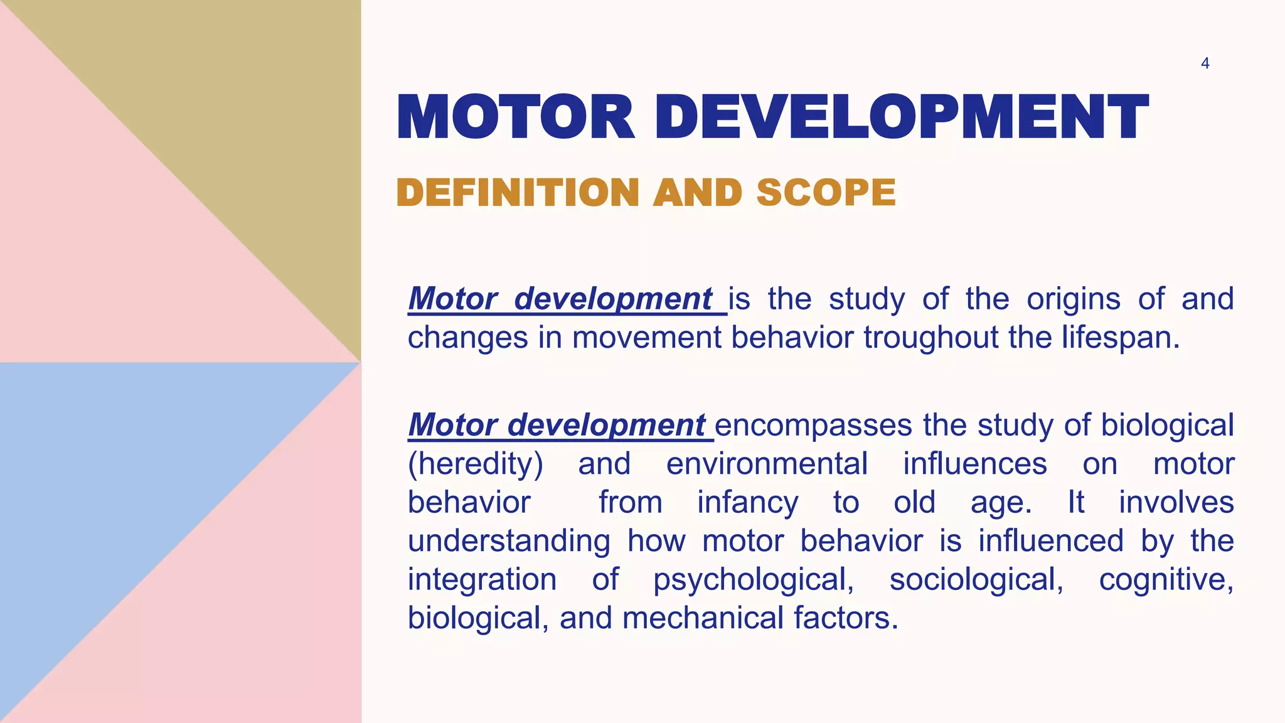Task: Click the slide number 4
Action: tap(1205, 63)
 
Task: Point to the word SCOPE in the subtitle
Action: tap(826, 192)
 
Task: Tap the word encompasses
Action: tap(813, 426)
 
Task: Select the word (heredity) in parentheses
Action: tap(476, 464)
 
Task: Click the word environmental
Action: tap(767, 464)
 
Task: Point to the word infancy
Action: tap(747, 503)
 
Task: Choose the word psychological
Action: tap(753, 580)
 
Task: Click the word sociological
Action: tap(976, 580)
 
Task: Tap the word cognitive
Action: tap(1166, 580)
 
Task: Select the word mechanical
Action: tap(703, 618)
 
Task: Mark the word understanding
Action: tap(509, 542)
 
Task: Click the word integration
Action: tap(482, 580)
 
